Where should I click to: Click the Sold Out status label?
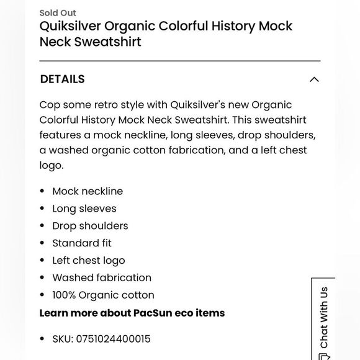tap(58, 12)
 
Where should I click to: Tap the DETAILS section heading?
tap(62, 79)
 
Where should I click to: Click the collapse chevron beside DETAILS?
tap(314, 79)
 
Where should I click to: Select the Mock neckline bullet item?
tap(88, 191)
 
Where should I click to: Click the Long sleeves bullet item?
tap(84, 209)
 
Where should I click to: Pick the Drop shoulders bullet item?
tap(90, 226)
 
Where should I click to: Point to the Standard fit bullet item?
tap(82, 243)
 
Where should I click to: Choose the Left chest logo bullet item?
tap(89, 261)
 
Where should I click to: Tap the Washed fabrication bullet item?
tap(102, 277)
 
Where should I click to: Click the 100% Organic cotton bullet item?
tap(103, 295)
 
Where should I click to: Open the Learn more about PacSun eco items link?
tap(132, 313)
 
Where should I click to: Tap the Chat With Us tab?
tap(323, 320)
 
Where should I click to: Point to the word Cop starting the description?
tap(50, 105)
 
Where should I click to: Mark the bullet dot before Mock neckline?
tap(42, 191)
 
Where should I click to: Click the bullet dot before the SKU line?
tap(42, 339)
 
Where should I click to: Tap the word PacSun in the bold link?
tap(155, 313)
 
